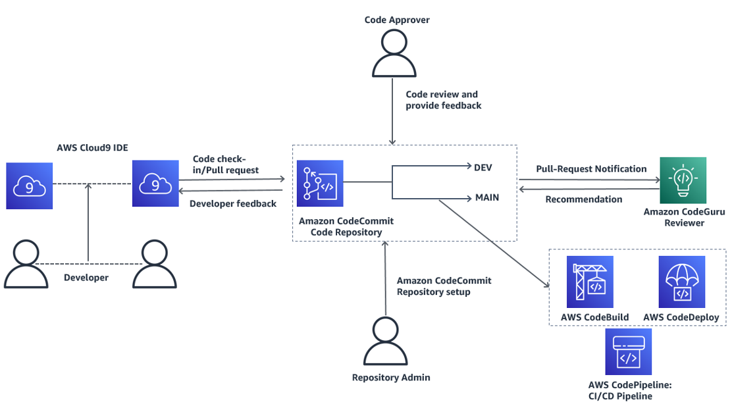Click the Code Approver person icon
tap(394, 53)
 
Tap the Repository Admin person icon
tap(386, 341)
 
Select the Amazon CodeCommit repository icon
tap(320, 184)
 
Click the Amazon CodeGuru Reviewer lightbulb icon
tap(683, 180)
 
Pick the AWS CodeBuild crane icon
tap(590, 282)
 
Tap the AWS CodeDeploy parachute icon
tap(681, 282)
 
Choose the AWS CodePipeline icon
tap(629, 351)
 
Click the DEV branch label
tap(483, 168)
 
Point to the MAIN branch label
tap(487, 197)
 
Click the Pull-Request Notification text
tap(591, 169)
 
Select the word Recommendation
tap(583, 199)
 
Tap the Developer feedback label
tap(233, 203)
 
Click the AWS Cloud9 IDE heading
tap(92, 147)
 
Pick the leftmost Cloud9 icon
tap(30, 186)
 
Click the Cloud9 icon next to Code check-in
tap(155, 184)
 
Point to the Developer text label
tap(86, 277)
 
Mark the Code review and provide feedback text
tap(444, 100)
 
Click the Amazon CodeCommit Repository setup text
tap(444, 286)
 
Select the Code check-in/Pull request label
tap(226, 165)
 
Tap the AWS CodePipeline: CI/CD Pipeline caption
tap(630, 390)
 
